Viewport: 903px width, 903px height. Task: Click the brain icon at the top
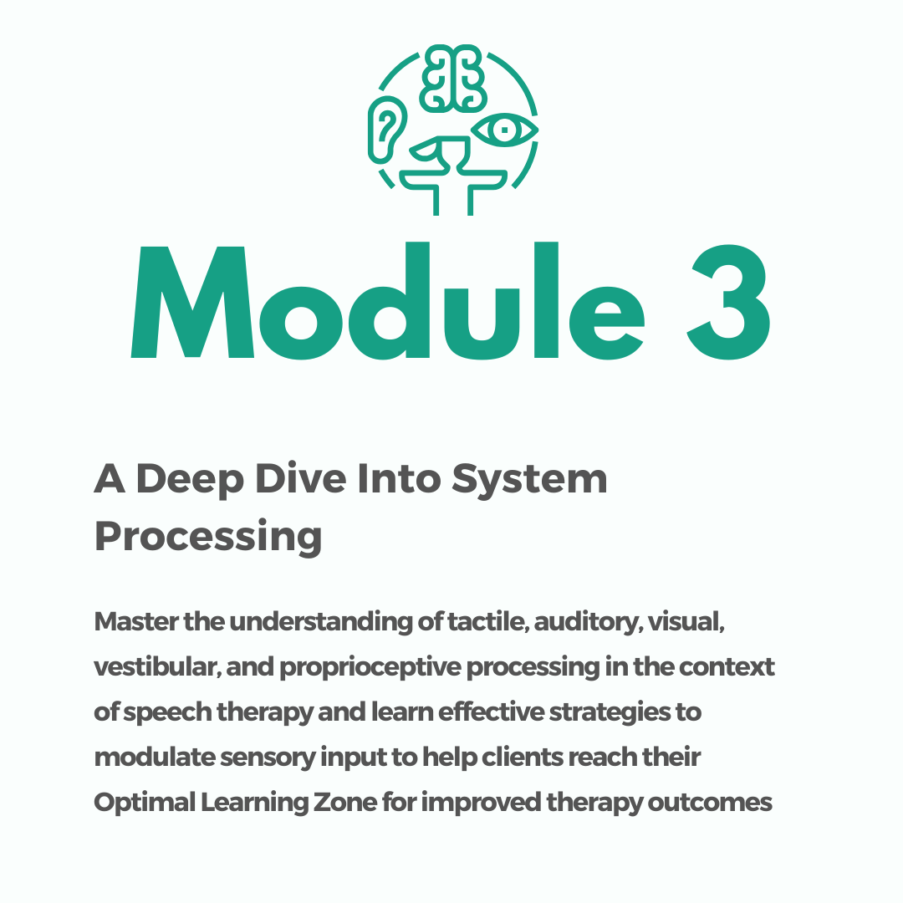click(x=454, y=78)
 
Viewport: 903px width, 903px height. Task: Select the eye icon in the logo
click(x=503, y=130)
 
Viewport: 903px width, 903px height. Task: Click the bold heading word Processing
click(x=208, y=536)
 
